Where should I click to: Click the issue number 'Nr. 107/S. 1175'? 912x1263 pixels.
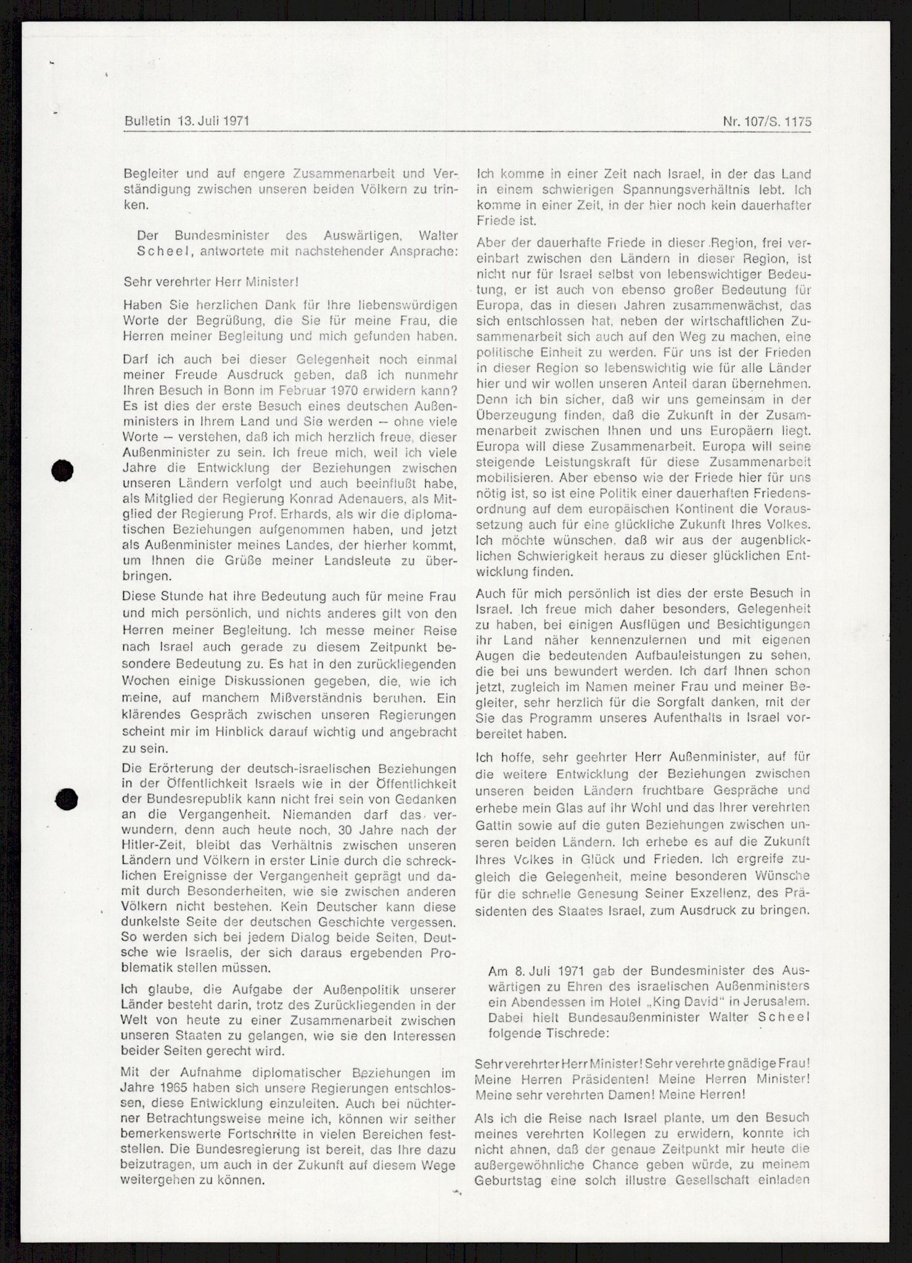(767, 122)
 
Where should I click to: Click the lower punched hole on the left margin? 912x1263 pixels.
(66, 800)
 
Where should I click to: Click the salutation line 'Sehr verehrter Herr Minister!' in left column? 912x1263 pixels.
(212, 282)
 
